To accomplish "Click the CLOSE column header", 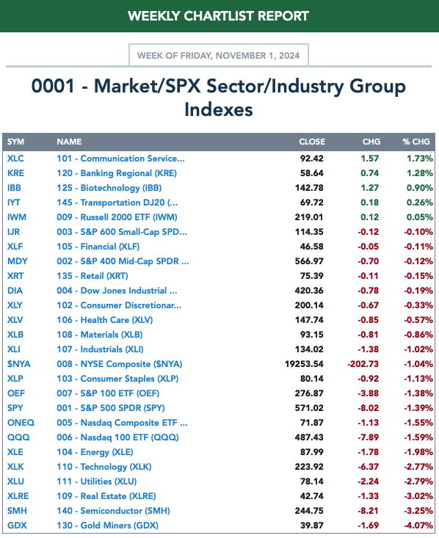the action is point(312,142).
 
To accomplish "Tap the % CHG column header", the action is point(416,142).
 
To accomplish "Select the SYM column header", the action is point(16,142).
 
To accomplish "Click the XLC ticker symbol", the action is point(15,159).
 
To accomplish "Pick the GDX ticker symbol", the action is point(17,526).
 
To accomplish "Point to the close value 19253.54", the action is point(304,364).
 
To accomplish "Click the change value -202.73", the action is point(363,364).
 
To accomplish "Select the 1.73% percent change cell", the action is point(420,159).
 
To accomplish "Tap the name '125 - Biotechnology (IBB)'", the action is point(109,188).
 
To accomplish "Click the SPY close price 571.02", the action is point(309,408).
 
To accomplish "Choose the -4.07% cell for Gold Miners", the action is point(418,526).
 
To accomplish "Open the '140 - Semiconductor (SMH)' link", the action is point(113,511).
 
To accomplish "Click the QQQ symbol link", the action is point(18,437).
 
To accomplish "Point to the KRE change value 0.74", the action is point(370,173).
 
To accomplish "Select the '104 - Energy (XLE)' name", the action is point(95,452).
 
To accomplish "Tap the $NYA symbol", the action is point(19,364).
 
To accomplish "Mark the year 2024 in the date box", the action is point(289,56).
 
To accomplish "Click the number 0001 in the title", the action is point(53,86).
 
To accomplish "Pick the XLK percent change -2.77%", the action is point(418,467).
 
